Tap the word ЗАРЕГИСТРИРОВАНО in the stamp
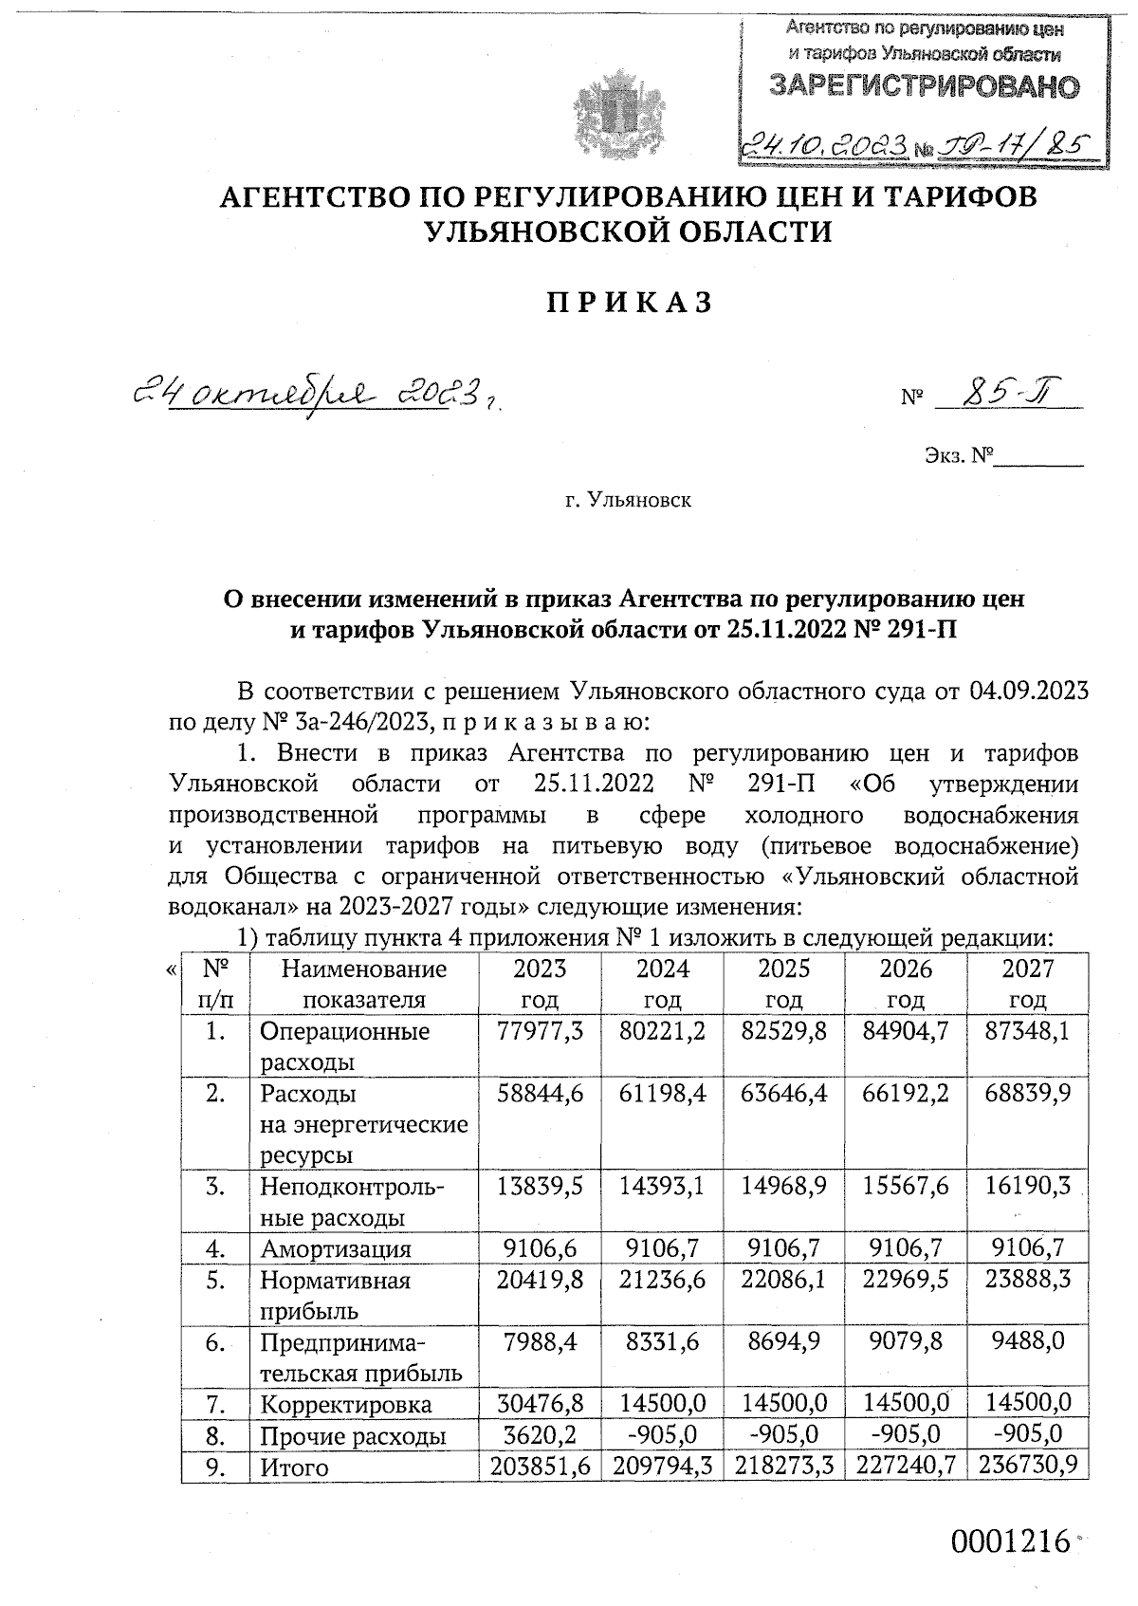[x=924, y=88]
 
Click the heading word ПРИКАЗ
[x=629, y=303]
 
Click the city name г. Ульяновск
[x=629, y=499]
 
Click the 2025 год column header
[x=784, y=984]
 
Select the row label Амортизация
[x=336, y=1249]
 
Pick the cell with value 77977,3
[x=540, y=1031]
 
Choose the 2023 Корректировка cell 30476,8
[x=540, y=1404]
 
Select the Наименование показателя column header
[x=364, y=984]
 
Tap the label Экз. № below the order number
[x=959, y=455]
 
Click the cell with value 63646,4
[x=784, y=1094]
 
